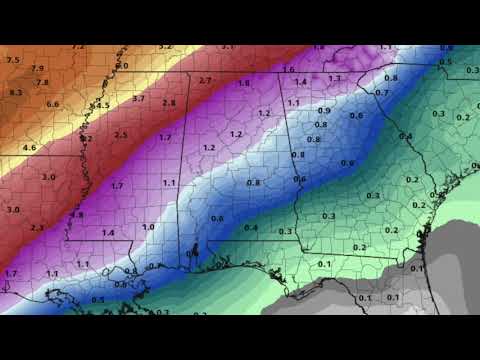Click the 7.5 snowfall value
click(12, 60)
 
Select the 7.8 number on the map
click(42, 82)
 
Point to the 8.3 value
click(15, 92)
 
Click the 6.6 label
click(53, 104)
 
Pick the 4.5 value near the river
click(102, 105)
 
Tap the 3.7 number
click(139, 98)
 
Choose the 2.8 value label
click(169, 103)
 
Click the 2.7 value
click(205, 80)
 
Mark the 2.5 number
click(120, 135)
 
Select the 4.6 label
click(29, 148)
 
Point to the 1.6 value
click(289, 69)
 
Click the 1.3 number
click(335, 78)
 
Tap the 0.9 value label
click(324, 110)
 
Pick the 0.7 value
click(381, 92)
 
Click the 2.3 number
click(37, 228)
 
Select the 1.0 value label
click(148, 227)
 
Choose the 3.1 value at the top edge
click(227, 47)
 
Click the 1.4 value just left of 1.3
click(301, 81)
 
